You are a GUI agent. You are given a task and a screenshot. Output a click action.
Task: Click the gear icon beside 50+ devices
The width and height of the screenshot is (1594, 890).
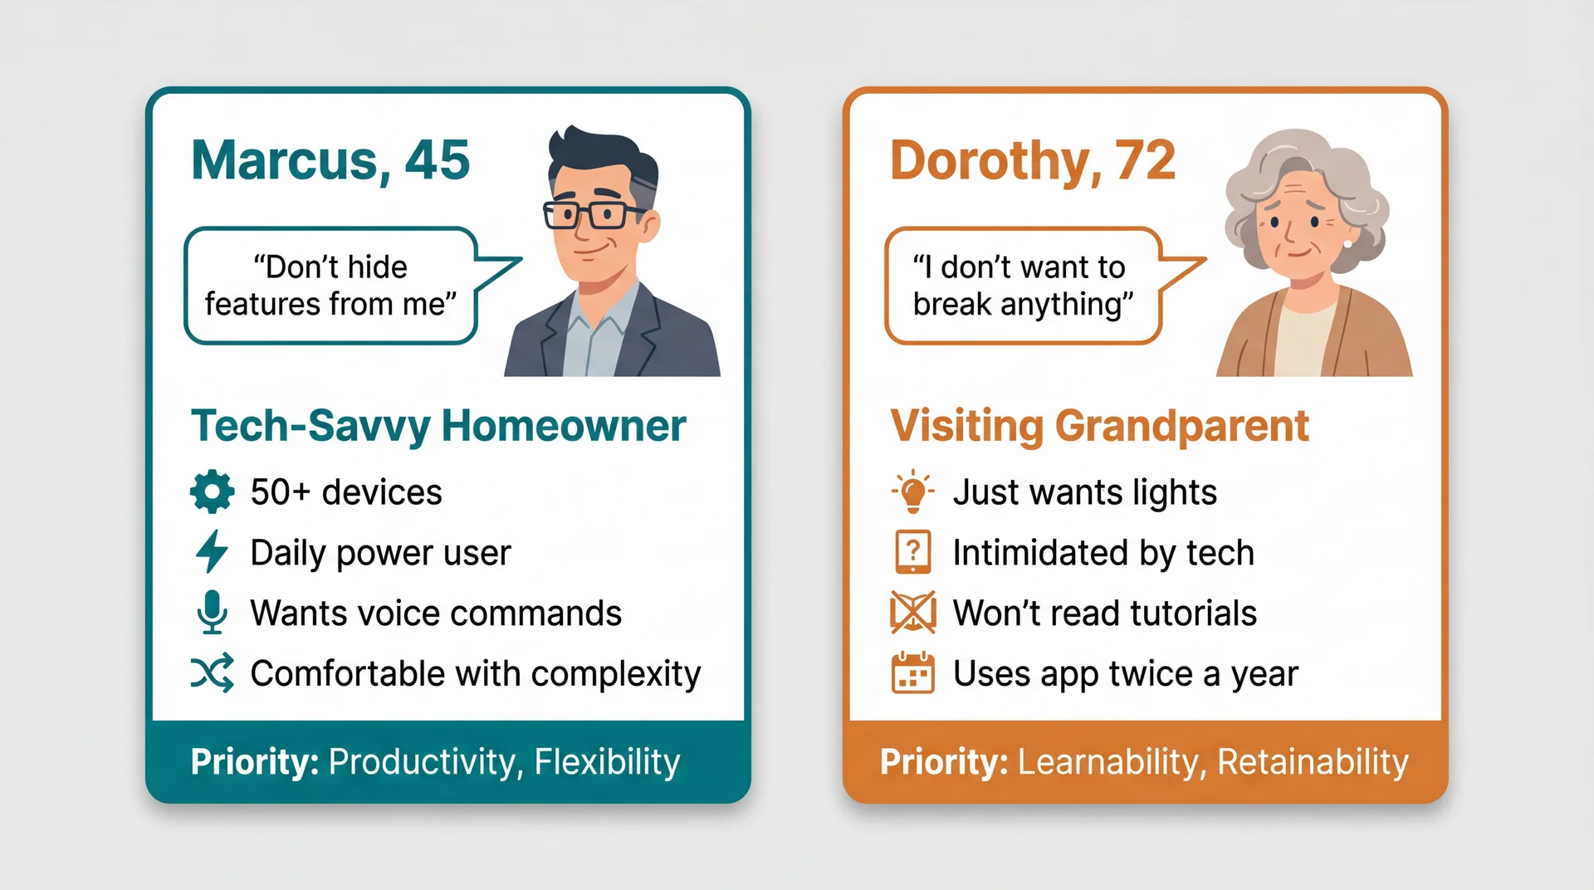point(212,491)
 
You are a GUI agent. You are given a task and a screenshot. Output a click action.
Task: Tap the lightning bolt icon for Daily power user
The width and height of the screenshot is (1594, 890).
point(212,552)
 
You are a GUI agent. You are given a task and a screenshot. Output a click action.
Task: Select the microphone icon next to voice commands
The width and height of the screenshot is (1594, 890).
point(212,612)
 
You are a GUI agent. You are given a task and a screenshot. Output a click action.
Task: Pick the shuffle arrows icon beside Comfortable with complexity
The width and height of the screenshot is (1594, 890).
point(212,673)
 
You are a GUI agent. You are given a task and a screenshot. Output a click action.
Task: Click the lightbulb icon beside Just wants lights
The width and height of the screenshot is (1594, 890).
point(912,491)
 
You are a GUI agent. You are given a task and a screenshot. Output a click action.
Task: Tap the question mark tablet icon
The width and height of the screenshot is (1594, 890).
point(912,552)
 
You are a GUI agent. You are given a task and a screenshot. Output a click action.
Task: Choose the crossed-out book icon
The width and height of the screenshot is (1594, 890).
point(912,613)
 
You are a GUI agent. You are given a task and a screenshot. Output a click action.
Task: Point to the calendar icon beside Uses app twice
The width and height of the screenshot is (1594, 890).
point(912,673)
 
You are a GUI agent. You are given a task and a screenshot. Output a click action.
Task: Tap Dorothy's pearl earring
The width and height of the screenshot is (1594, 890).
point(1347,243)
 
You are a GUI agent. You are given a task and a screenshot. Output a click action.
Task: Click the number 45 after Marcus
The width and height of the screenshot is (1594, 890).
point(437,159)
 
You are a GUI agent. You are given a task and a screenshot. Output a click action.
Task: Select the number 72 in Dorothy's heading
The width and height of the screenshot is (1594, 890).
point(1145,159)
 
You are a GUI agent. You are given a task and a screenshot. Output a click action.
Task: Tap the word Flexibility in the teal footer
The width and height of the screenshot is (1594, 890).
point(607,762)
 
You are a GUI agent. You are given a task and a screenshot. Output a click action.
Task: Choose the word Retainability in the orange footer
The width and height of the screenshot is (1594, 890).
point(1313,762)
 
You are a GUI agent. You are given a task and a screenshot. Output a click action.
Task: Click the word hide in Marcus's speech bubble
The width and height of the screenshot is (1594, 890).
point(377,267)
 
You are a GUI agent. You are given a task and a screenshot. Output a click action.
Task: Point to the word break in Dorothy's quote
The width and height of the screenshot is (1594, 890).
point(952,305)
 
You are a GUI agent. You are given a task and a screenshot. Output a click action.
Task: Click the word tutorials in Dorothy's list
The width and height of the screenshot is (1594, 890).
point(1192,614)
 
